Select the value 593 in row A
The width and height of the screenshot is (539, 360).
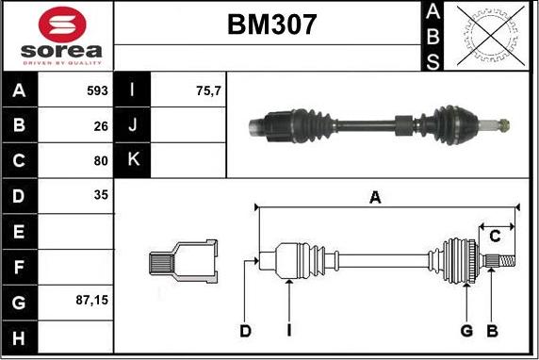(95, 91)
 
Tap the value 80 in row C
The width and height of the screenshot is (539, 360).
(100, 160)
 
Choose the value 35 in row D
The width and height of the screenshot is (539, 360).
(100, 195)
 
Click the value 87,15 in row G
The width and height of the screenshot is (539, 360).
(91, 301)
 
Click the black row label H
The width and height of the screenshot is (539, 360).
(20, 336)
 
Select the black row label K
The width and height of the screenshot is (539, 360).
(133, 160)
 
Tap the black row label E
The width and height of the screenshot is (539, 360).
(20, 231)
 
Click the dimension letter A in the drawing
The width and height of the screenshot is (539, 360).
(375, 198)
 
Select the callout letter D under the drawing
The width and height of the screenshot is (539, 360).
(245, 330)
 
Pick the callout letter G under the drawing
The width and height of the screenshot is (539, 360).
(465, 330)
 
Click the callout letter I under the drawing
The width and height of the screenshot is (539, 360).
(288, 330)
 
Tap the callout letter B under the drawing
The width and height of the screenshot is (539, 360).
(491, 330)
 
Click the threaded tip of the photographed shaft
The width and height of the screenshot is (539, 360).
(505, 123)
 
